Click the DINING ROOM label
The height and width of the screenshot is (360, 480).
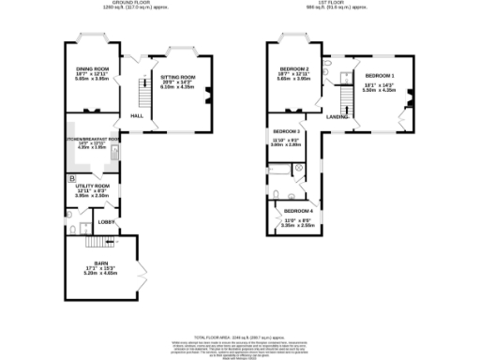click(x=86, y=69)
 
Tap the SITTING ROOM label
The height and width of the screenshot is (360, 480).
click(x=178, y=77)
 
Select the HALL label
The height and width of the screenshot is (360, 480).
click(x=136, y=115)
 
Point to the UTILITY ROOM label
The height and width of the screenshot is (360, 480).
click(x=92, y=186)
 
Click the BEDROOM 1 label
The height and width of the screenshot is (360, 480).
click(x=380, y=75)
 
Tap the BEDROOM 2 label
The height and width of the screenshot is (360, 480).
click(x=294, y=69)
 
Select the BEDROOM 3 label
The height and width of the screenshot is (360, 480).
click(x=286, y=131)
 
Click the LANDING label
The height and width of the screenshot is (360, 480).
click(x=337, y=116)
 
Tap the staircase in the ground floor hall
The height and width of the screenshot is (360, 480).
click(x=143, y=92)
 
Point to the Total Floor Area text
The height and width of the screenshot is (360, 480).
click(x=239, y=336)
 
